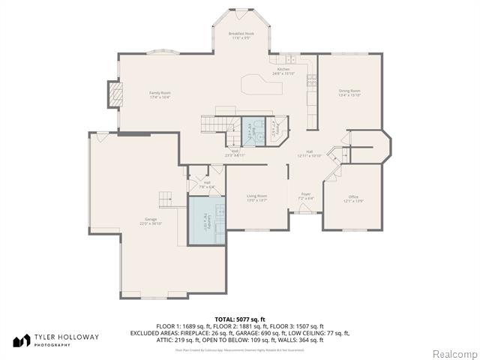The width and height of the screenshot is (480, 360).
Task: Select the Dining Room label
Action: (x=349, y=92)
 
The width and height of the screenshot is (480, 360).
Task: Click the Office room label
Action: (x=353, y=199)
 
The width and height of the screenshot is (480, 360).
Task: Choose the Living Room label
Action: (x=256, y=198)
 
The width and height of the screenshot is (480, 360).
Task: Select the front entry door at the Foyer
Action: (x=306, y=213)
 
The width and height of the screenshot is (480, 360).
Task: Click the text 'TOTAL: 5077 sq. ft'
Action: (x=239, y=319)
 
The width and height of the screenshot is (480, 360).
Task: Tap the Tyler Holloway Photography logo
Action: (x=56, y=340)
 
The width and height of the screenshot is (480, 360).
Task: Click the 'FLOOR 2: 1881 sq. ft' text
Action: (x=240, y=326)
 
